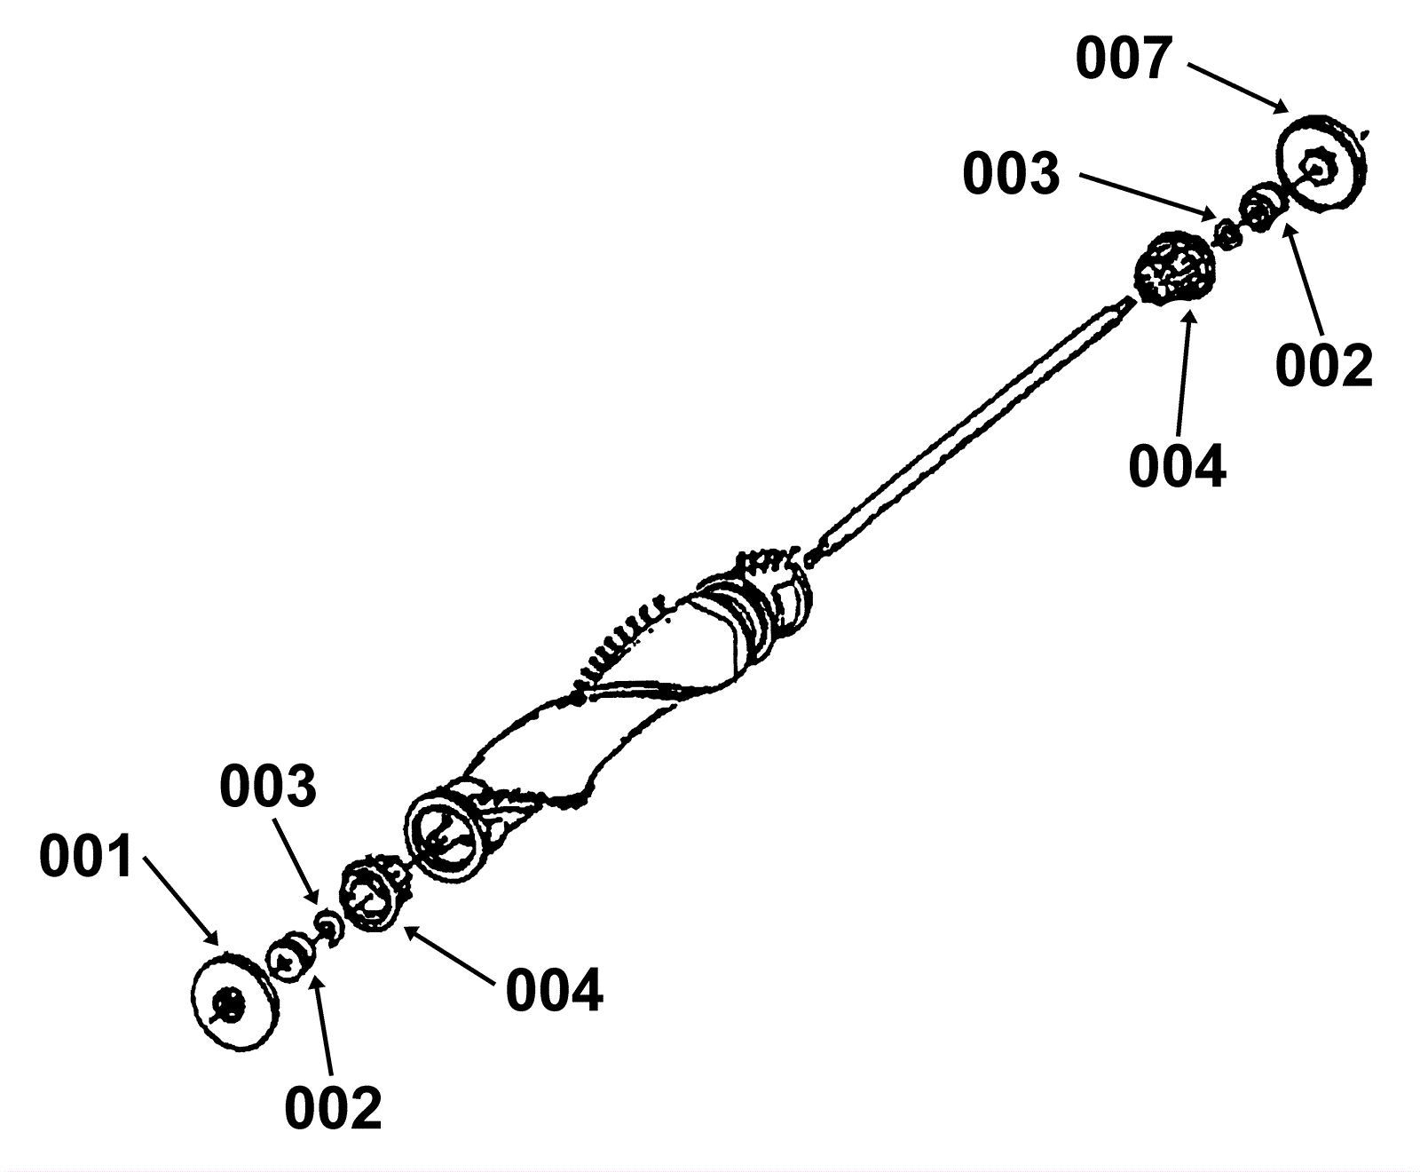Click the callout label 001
(85, 857)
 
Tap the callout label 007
(1124, 59)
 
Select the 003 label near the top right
(1011, 174)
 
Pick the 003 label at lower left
(268, 787)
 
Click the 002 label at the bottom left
(333, 1107)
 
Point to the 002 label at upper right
(1323, 365)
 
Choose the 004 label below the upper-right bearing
(1177, 466)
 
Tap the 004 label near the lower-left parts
(554, 990)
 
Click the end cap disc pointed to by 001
(233, 1003)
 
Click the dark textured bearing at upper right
(1174, 267)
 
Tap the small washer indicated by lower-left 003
(328, 926)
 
